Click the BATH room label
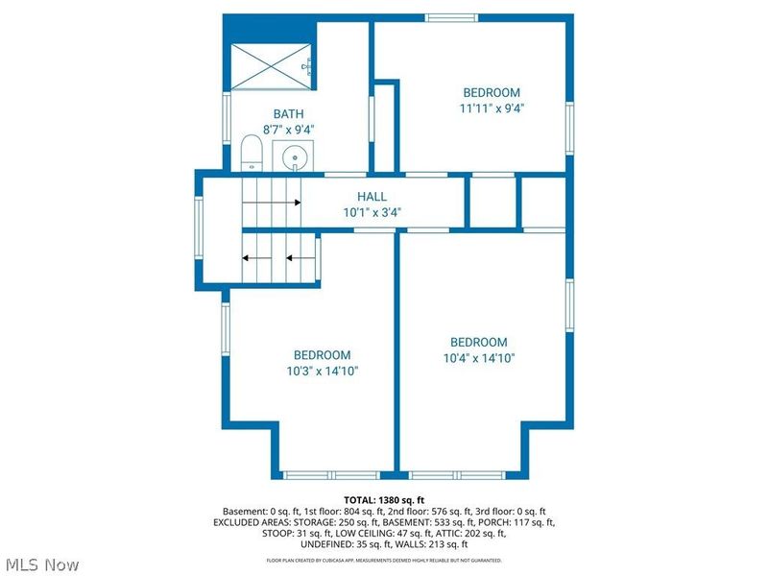click(288, 113)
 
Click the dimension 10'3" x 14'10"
click(322, 371)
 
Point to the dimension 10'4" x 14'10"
click(478, 358)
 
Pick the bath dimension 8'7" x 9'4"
click(288, 129)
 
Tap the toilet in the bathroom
click(252, 154)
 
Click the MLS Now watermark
click(42, 565)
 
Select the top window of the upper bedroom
click(454, 17)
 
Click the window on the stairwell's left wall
click(199, 230)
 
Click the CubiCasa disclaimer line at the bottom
click(384, 560)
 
